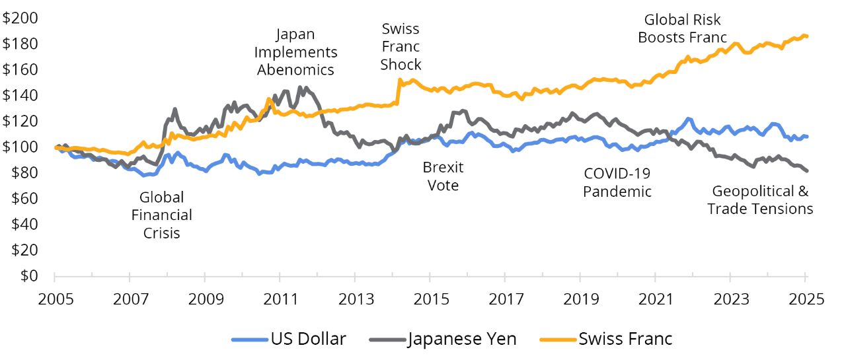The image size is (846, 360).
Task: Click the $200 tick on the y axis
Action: (20, 18)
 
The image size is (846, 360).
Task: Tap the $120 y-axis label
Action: (20, 121)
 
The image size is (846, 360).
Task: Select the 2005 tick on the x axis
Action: (55, 298)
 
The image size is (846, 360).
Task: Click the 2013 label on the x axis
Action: (355, 298)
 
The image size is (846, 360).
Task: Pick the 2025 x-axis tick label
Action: (806, 298)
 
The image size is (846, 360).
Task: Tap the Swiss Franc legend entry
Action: (625, 339)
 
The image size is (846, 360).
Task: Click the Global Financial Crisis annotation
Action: (161, 215)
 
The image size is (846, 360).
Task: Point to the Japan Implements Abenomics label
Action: (295, 52)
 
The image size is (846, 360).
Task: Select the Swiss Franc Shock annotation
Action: (401, 46)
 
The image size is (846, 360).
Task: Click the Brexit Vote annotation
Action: (443, 176)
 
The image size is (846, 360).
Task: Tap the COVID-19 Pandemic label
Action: (617, 182)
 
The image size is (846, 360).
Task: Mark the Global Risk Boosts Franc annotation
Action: (682, 28)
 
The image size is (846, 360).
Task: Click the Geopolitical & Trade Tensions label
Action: (760, 199)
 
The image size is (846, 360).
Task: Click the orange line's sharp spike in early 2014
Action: (400, 80)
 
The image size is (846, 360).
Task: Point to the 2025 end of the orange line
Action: (807, 36)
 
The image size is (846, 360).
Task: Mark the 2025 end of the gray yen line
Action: (807, 171)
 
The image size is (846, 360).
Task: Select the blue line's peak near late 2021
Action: (689, 119)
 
